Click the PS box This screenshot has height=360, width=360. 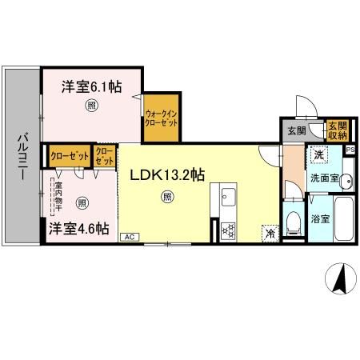pyautogui.click(x=350, y=149)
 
